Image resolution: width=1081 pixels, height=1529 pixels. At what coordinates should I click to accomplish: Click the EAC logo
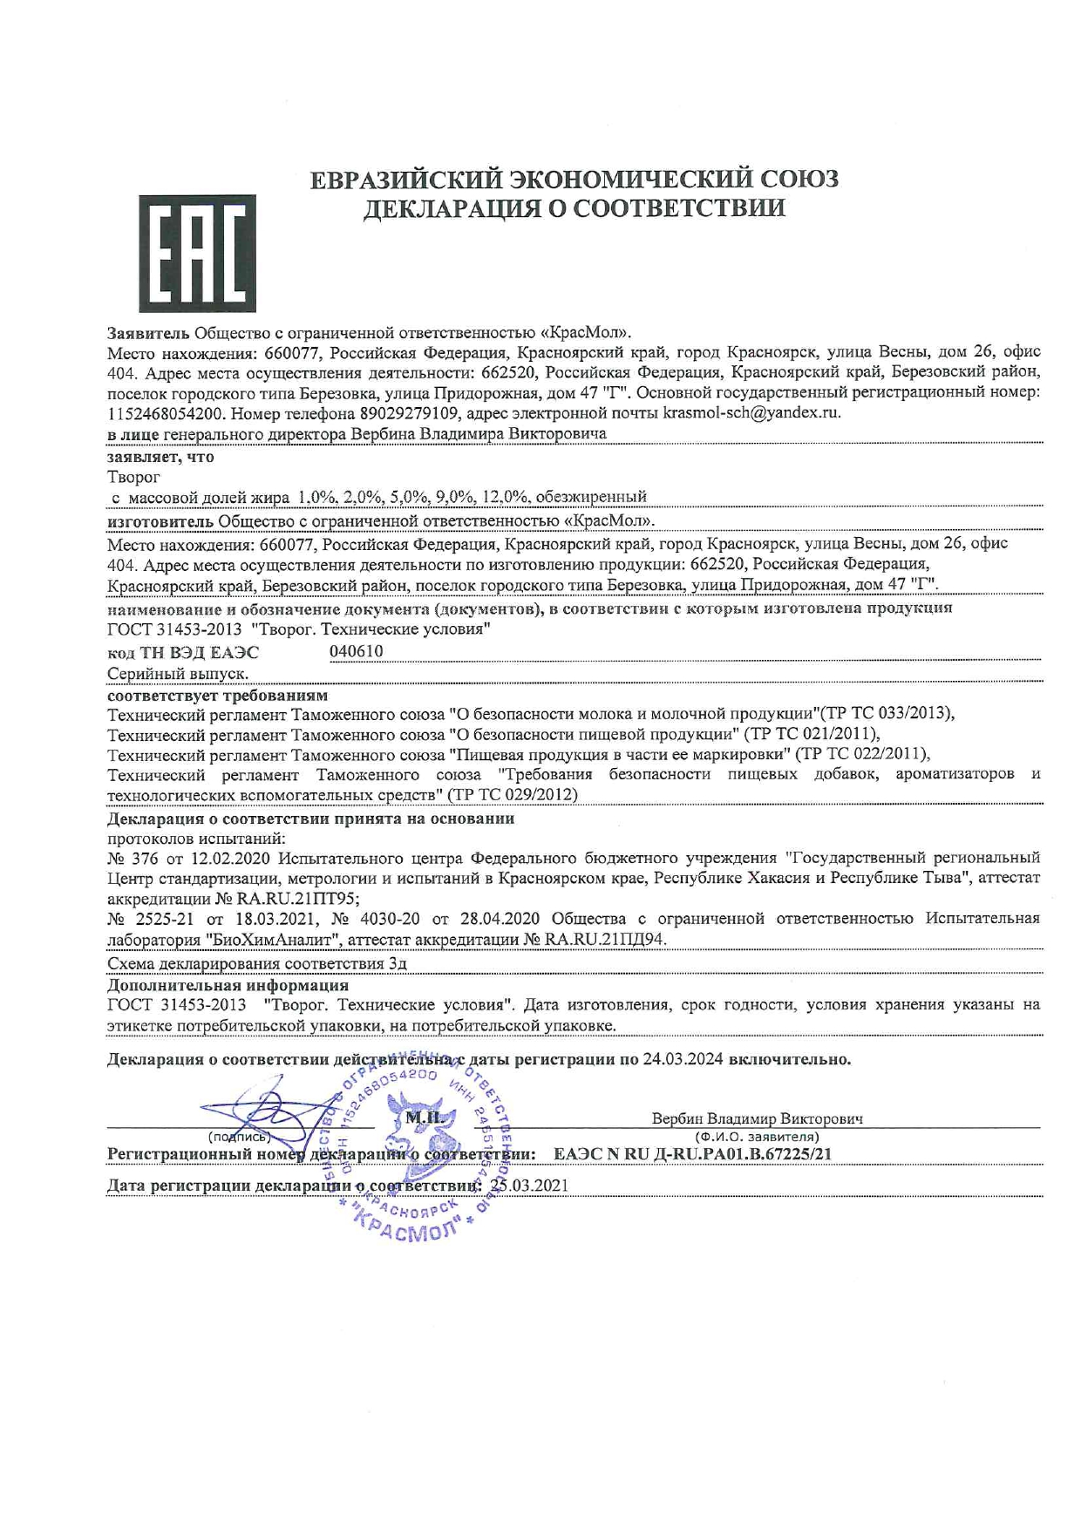click(197, 254)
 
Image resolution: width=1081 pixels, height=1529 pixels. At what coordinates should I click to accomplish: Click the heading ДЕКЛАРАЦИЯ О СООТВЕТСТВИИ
click(574, 209)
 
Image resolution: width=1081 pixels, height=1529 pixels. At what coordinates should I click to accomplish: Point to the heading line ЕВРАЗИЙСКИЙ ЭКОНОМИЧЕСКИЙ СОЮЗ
click(574, 179)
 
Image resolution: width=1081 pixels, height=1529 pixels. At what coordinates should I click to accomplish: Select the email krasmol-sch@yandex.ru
click(751, 413)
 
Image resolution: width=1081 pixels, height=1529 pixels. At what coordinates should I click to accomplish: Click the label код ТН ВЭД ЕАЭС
click(183, 653)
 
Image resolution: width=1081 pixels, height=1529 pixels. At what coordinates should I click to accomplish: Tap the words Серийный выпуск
click(178, 674)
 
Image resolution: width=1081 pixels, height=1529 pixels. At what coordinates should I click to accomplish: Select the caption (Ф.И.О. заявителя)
click(757, 1137)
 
